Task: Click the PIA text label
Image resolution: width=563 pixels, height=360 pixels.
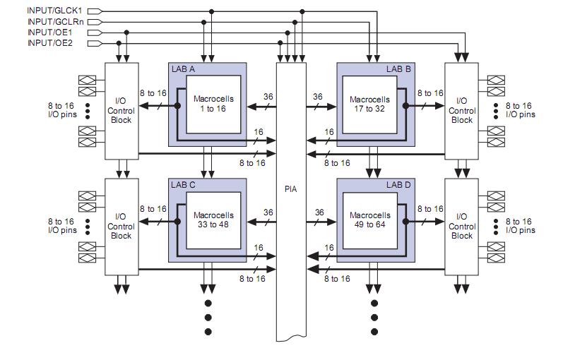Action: pos(290,188)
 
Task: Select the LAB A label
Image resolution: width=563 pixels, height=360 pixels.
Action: pos(184,68)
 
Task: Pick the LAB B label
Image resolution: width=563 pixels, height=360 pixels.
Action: pos(398,68)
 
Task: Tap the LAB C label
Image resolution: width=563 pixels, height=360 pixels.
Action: pos(184,184)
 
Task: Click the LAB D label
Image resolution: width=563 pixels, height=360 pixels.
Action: pos(398,184)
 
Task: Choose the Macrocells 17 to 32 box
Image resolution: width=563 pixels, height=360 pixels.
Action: pos(369,103)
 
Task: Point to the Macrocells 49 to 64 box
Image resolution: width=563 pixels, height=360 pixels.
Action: pos(369,220)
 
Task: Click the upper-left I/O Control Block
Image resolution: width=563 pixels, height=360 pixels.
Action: pos(121,110)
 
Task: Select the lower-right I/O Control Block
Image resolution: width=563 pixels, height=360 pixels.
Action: pos(461,226)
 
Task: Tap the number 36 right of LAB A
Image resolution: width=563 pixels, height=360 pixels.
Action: pos(268,97)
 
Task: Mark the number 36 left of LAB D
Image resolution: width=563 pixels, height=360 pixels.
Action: pos(319,212)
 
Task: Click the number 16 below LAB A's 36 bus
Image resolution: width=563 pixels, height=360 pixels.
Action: pos(259,132)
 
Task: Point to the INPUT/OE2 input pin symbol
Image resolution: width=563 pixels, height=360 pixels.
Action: pos(95,43)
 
